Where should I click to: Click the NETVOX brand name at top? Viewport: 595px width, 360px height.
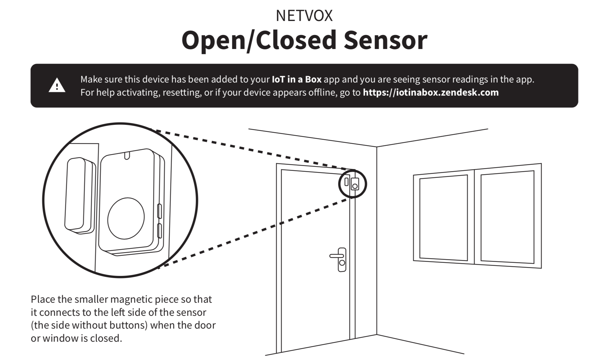304,16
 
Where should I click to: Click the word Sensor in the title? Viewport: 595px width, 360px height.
385,40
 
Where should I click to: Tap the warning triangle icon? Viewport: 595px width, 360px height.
57,86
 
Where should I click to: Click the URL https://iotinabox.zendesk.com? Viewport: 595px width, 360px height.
430,92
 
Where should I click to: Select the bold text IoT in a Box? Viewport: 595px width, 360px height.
296,79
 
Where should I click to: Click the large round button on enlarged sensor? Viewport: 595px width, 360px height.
126,218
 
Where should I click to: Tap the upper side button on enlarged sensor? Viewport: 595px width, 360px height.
159,211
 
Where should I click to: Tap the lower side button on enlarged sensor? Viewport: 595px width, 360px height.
159,231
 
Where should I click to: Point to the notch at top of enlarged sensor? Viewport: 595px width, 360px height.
127,155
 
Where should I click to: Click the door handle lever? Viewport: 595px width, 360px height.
336,256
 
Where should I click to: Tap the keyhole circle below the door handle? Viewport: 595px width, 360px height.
342,263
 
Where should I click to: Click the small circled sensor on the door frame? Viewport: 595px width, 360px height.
352,184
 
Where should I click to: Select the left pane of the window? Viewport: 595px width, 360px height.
444,218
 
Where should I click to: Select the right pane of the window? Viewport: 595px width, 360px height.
507,217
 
